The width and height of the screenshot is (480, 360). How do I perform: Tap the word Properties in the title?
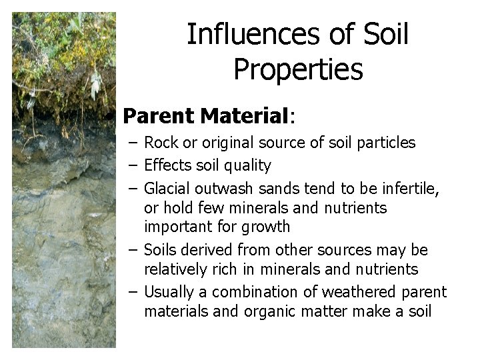298,69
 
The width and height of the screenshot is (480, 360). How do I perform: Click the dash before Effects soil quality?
134,165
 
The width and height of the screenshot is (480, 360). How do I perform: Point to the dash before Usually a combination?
134,291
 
